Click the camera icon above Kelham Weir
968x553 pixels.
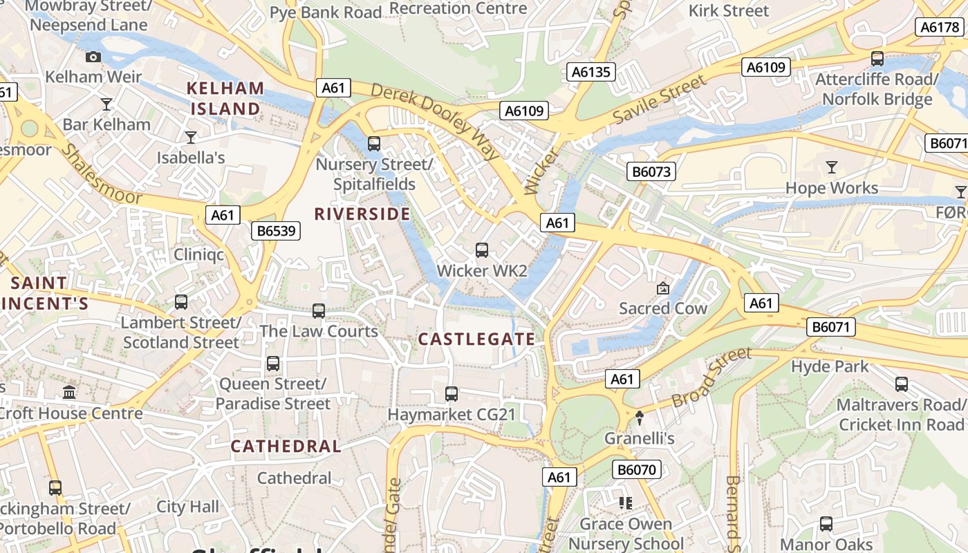point(93,57)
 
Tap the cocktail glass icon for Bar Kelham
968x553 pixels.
point(106,104)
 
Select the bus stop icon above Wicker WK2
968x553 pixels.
point(482,250)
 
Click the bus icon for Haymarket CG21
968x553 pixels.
point(452,394)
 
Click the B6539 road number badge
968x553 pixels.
point(276,231)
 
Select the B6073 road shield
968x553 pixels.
point(651,171)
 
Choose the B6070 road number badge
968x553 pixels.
point(637,470)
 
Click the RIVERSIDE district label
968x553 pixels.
point(362,214)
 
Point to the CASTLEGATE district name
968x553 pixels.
point(476,339)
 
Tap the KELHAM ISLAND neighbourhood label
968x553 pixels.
point(225,99)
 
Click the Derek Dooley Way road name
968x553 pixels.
point(436,121)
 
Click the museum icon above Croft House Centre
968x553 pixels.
point(69,393)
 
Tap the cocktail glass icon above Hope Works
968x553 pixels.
point(831,167)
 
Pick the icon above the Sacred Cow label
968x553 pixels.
point(662,288)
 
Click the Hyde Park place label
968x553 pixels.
point(830,366)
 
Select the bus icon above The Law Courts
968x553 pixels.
point(319,311)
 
